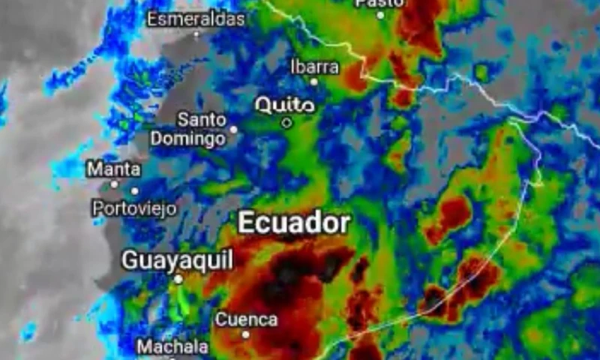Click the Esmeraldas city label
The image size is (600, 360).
tap(196, 19)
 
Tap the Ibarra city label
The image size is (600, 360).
tap(314, 67)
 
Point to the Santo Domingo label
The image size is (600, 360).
tap(188, 129)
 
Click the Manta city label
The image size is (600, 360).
tap(113, 169)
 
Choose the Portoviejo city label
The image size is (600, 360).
tap(135, 208)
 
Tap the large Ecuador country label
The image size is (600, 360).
tap(294, 223)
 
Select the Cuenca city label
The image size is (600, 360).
tap(246, 319)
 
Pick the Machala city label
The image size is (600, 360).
tap(172, 347)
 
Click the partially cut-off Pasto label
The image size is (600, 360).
tap(379, 3)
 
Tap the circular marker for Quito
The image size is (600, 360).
tap(286, 122)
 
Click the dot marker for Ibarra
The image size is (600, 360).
tap(314, 82)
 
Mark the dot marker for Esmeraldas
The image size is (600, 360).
tap(197, 34)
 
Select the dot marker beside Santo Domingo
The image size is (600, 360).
tap(233, 129)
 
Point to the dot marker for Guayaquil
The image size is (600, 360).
tap(178, 279)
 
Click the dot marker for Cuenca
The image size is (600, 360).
tap(245, 334)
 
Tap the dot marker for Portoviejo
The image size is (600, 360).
tap(135, 191)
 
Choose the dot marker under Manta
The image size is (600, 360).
tap(114, 184)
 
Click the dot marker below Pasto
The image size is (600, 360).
tap(380, 15)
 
